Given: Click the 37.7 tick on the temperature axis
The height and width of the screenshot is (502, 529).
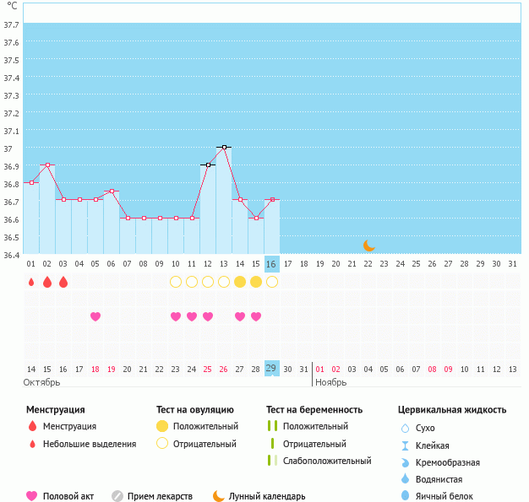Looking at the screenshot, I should (12, 25).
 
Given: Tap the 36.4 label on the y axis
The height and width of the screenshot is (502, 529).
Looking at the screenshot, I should (12, 254).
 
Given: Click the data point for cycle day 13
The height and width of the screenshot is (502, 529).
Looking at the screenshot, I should (224, 147).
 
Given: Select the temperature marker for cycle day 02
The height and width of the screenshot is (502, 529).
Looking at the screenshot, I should (47, 165).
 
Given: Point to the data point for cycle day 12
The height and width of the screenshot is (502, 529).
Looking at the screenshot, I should (208, 165).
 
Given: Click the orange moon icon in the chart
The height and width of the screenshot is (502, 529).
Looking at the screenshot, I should (368, 245).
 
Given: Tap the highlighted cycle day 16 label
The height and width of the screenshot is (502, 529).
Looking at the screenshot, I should (271, 264).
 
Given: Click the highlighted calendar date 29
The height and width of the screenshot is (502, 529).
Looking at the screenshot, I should (271, 369).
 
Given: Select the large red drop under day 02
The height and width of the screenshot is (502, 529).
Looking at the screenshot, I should (47, 282).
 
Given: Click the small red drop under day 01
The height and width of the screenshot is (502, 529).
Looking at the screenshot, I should (31, 283).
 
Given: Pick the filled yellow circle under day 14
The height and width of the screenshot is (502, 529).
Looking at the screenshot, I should (240, 282).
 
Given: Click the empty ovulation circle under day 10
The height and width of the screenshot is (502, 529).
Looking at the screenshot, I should (176, 282).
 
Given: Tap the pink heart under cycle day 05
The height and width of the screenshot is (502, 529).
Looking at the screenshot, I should (95, 316).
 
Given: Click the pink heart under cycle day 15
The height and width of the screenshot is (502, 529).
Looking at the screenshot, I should (256, 316).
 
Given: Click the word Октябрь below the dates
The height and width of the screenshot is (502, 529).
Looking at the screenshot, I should (42, 382).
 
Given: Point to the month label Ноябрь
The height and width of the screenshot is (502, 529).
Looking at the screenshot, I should (331, 382).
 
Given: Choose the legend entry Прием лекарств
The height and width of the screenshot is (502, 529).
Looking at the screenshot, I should (161, 496).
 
